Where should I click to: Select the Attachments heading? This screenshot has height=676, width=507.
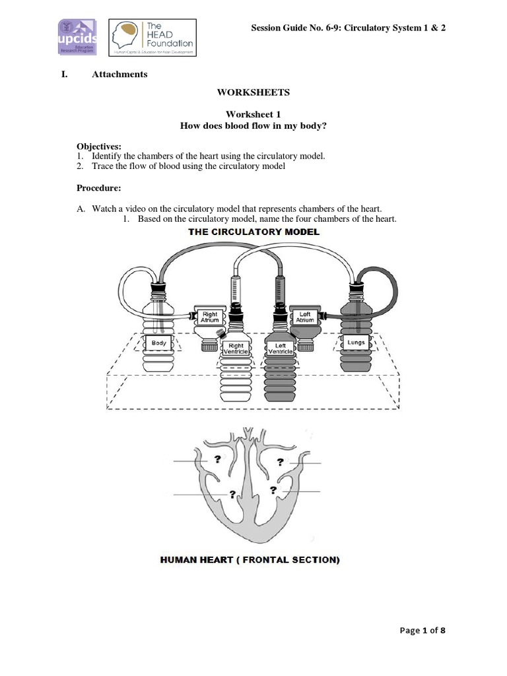pos(119,74)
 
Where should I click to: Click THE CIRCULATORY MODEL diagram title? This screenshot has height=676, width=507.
pos(254,232)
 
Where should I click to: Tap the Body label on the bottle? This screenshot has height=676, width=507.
pos(159,343)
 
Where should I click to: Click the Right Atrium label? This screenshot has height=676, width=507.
pos(210,318)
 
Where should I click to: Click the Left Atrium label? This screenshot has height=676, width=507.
pos(305,318)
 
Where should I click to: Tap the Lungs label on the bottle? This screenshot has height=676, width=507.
pos(356,343)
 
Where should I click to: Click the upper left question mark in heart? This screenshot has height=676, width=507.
pos(216,459)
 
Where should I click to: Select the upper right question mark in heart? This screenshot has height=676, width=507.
pos(280,461)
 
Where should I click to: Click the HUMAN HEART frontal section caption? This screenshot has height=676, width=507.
pos(250,560)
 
